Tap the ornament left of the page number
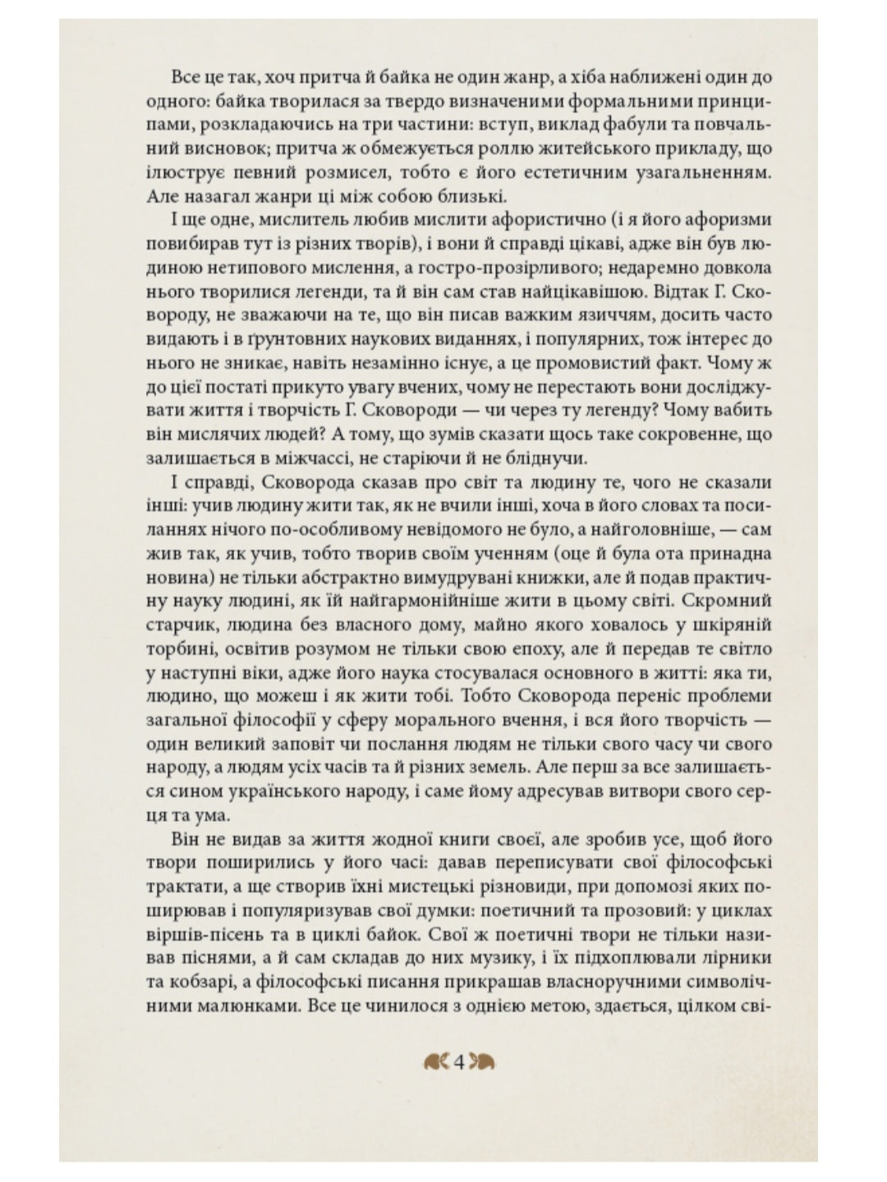point(437,1062)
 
